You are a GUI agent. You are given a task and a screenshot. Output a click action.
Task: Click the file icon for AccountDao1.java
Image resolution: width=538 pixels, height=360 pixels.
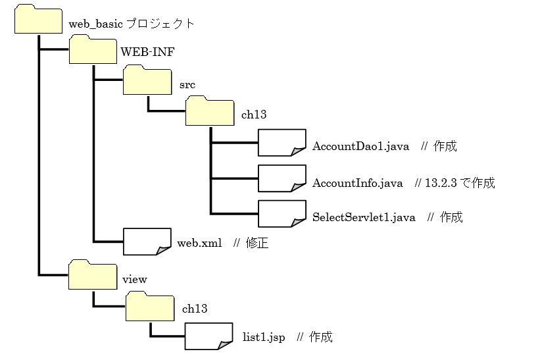coord(281,143)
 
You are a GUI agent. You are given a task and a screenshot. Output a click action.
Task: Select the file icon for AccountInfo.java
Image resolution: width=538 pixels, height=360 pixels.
coord(281,179)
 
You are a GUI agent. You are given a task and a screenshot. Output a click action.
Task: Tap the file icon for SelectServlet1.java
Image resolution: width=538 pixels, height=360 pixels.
coord(281,214)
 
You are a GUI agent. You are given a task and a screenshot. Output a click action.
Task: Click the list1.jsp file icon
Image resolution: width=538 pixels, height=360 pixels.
coord(208,336)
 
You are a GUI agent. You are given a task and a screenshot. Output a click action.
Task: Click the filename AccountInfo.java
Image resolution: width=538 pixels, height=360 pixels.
coord(358,183)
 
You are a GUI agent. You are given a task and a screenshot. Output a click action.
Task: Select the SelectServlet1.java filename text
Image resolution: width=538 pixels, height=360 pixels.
coord(364,217)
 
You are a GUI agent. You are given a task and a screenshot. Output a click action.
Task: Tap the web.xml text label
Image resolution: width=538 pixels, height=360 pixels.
coord(199,244)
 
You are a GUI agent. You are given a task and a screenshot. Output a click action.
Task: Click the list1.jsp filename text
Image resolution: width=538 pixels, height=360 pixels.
coord(264,338)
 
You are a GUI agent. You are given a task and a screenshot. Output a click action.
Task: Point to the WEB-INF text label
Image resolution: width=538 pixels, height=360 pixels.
coord(147,52)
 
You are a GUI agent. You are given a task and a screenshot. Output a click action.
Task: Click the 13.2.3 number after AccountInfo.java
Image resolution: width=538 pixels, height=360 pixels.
coord(441,183)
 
